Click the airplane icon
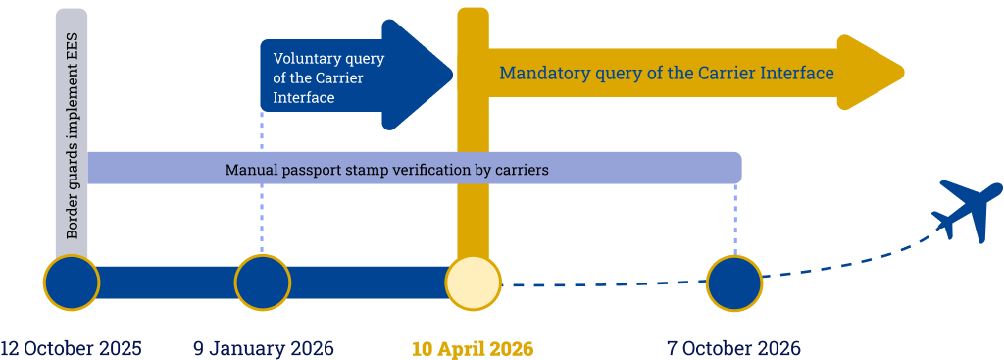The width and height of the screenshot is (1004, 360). (x=969, y=208)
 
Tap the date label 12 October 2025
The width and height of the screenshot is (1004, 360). (x=71, y=348)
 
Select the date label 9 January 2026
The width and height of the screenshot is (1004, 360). (x=263, y=348)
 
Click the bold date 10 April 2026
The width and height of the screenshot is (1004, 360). (x=473, y=348)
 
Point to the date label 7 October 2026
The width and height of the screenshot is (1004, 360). (x=733, y=348)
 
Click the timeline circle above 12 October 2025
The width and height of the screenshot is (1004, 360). (x=72, y=283)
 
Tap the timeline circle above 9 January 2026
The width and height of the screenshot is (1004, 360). (x=263, y=283)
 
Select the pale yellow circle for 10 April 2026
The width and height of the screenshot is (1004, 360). (x=473, y=283)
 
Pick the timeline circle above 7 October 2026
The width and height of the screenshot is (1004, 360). (x=734, y=283)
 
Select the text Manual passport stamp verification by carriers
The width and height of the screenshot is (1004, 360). (x=386, y=170)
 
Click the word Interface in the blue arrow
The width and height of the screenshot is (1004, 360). (x=303, y=98)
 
